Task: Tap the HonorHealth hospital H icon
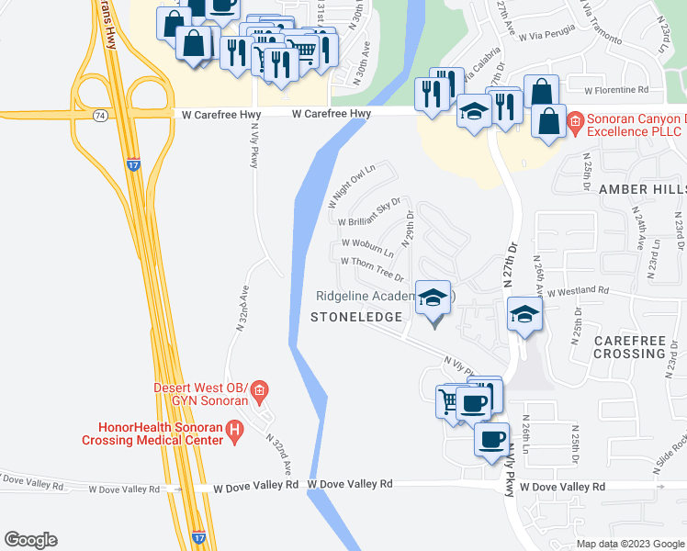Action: [x=235, y=429]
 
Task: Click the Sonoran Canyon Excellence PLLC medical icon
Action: [x=576, y=120]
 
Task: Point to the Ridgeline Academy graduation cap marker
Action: [x=434, y=299]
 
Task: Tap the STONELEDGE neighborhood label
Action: [x=356, y=317]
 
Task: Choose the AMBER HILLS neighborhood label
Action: [x=642, y=188]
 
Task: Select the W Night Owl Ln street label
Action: [x=353, y=186]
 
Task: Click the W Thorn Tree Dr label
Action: [x=373, y=269]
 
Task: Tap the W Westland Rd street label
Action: [x=578, y=290]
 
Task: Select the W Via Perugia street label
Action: [x=547, y=35]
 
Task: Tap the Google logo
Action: [x=30, y=540]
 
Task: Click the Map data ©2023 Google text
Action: [x=629, y=544]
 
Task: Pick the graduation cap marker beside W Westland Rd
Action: [x=524, y=314]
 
